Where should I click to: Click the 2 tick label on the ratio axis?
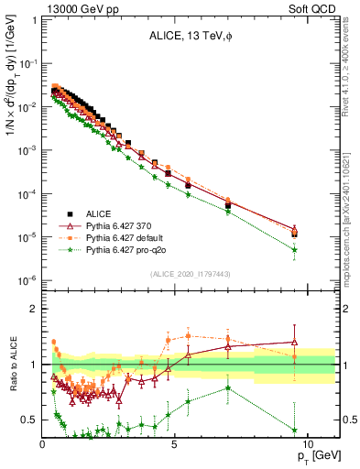(33, 309)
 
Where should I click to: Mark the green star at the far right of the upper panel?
(294, 249)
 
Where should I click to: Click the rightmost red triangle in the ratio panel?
(294, 342)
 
